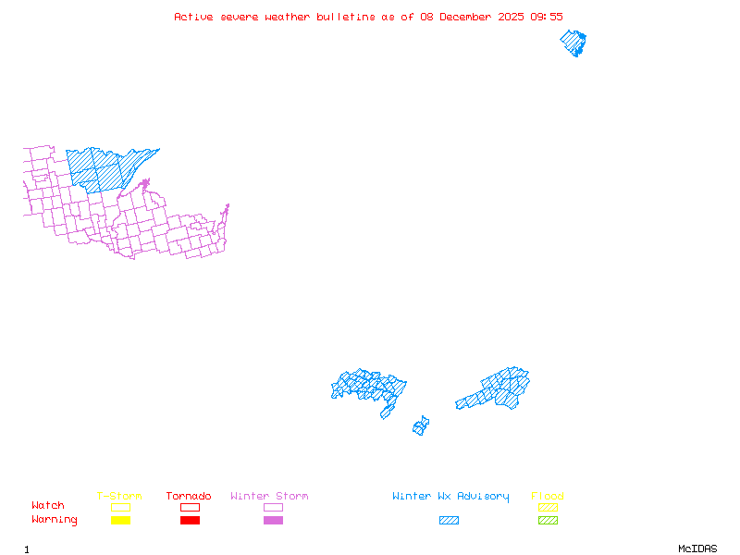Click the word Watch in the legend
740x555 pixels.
48,506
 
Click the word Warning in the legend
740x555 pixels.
54,520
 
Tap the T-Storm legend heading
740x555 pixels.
119,497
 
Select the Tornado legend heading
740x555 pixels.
189,497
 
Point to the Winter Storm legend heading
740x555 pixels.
269,497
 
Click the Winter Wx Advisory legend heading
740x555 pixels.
450,497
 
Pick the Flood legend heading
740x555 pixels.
548,497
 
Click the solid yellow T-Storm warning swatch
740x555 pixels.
120,521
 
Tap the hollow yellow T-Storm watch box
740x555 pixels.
120,507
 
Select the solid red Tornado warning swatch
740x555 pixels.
190,521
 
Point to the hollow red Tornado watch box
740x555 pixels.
190,507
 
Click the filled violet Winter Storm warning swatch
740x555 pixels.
273,521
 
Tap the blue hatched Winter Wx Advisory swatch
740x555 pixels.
449,521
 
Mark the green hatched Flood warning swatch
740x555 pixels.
548,521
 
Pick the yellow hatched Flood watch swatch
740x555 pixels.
548,507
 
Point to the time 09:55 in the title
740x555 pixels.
545,17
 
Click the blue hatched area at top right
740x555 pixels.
573,43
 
